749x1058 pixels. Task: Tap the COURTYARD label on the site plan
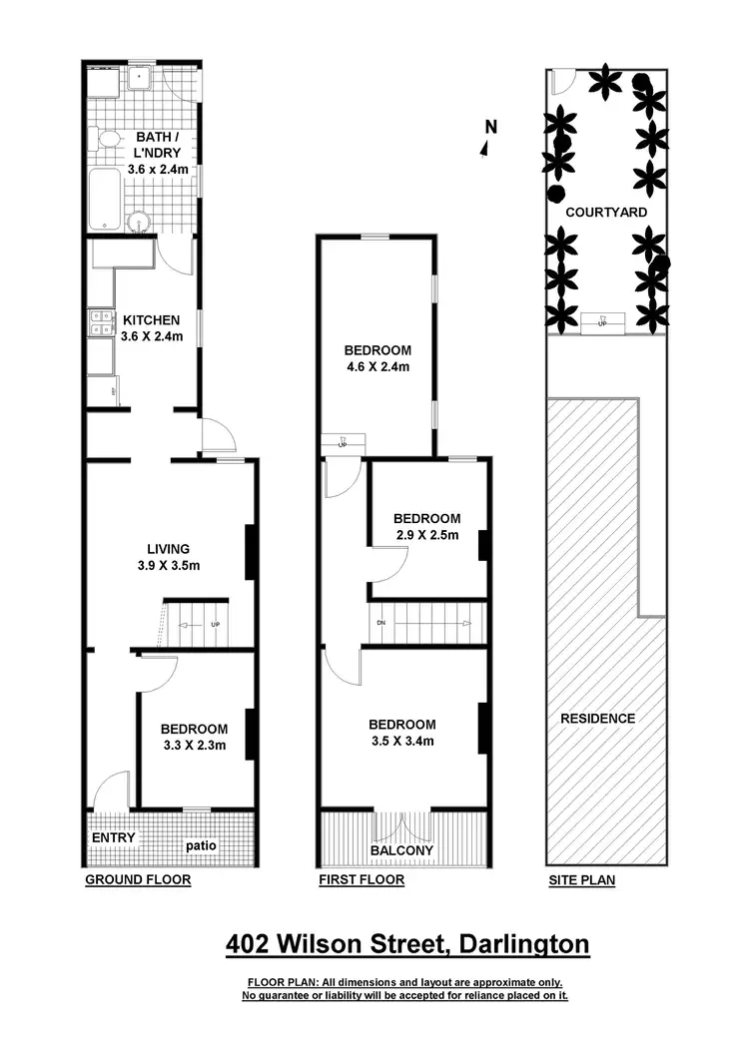606,213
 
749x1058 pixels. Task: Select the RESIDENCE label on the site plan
597,718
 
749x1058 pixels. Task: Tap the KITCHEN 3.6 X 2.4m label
151,328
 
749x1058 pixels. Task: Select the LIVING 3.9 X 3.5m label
168,557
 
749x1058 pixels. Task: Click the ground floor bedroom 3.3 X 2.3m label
194,737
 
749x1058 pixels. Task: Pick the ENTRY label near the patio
113,837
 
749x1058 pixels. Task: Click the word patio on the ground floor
201,845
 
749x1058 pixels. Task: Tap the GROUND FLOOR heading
137,880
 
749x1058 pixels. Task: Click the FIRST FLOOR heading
361,880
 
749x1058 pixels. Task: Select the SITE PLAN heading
581,880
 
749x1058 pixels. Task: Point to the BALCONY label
401,850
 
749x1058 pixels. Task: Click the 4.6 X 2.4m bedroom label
377,358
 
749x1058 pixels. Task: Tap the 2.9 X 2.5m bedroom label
426,526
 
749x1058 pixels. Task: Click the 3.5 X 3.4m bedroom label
401,732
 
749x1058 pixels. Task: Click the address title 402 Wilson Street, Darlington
406,943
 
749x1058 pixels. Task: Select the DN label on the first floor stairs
381,622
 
